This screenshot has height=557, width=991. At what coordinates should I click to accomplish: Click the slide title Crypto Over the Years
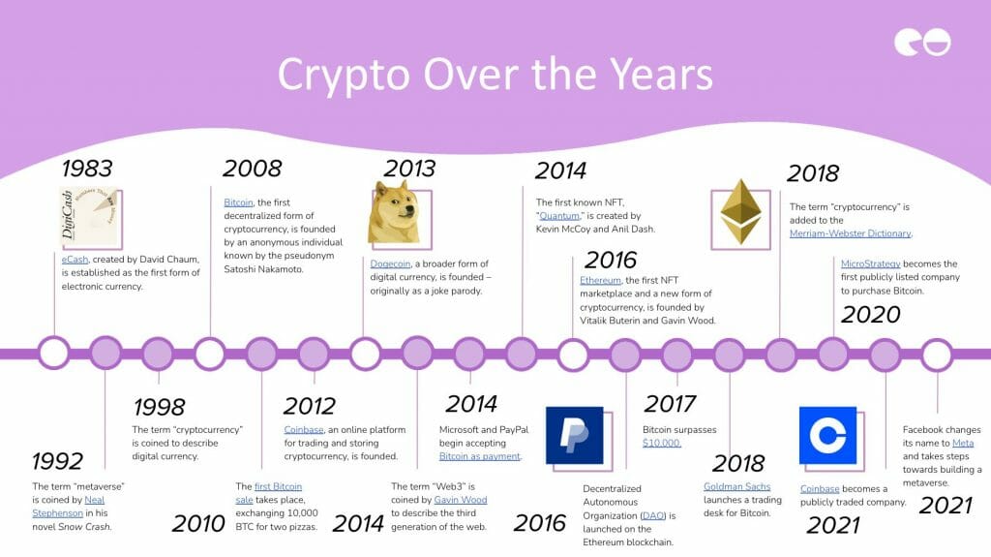pos(495,75)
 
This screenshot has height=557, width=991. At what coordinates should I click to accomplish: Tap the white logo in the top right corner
pos(922,42)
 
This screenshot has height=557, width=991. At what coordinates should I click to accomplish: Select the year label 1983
pos(87,169)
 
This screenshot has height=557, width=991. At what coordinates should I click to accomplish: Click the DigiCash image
pos(89,216)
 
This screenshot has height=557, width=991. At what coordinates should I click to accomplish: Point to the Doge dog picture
pos(394,213)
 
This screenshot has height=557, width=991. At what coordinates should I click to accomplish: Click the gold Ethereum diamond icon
pos(740,212)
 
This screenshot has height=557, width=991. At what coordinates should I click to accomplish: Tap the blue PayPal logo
pos(574,436)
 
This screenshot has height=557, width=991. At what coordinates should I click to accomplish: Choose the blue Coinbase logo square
pos(828,436)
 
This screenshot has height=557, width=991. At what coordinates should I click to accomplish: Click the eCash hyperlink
pos(75,260)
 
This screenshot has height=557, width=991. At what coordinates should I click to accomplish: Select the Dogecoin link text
pos(390,263)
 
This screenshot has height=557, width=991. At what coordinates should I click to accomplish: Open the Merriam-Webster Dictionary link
pos(850,233)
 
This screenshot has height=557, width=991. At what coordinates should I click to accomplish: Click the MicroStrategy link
pos(870,263)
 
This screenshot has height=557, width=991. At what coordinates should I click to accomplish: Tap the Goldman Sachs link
pos(736,486)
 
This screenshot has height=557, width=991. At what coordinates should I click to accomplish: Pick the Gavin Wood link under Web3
pos(460,500)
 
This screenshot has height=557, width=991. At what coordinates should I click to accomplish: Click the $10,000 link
pos(661,443)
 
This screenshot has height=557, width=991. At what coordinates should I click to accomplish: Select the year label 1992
pos(57,461)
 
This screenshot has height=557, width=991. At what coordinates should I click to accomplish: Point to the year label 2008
pos(253,169)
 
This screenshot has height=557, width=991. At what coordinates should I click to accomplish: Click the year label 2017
pos(670,404)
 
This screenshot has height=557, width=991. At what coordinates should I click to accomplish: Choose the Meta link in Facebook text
pos(963,443)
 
